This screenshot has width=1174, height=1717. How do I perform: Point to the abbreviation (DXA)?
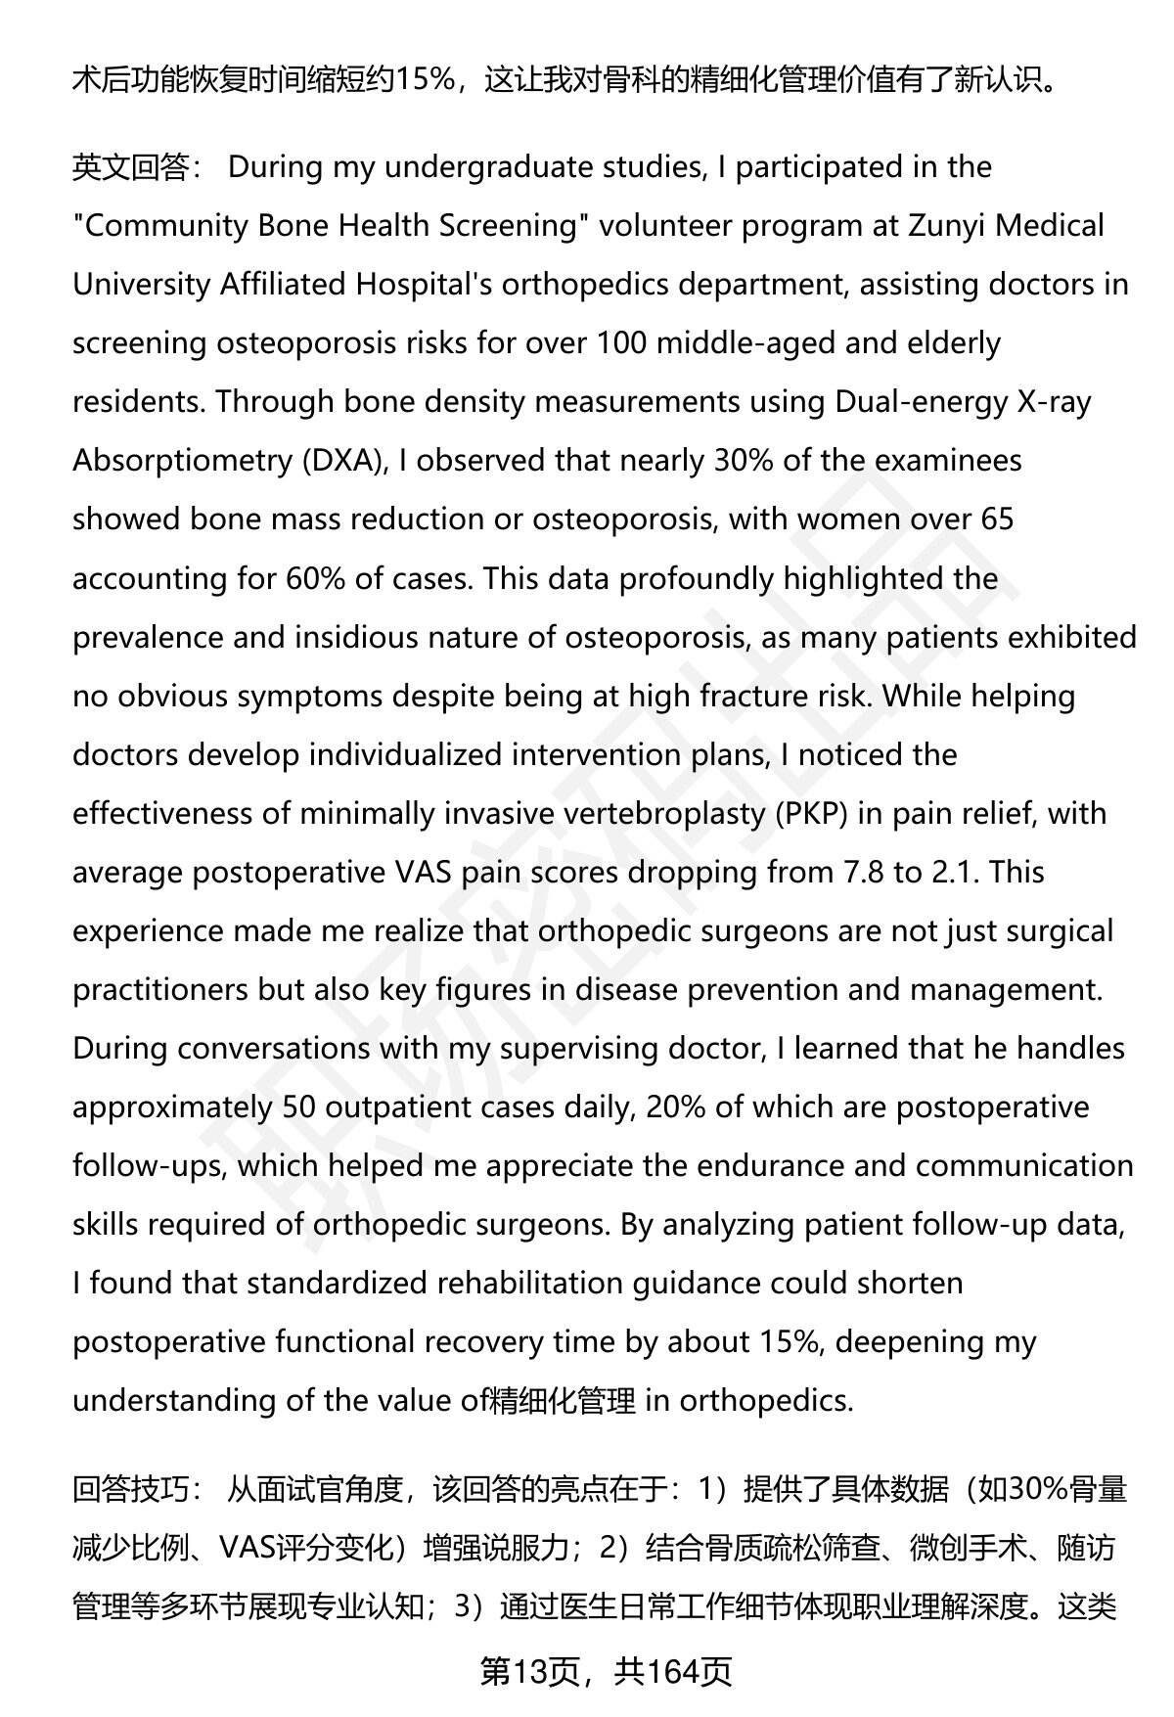point(342,461)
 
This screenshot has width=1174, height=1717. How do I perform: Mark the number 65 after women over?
point(996,520)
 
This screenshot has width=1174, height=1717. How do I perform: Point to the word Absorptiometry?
point(182,461)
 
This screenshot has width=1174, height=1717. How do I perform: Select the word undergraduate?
point(481,168)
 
